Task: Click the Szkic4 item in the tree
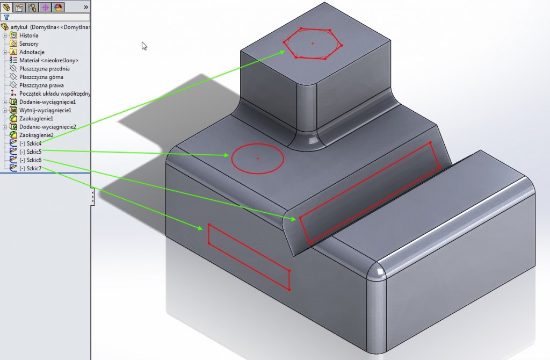(x=30, y=143)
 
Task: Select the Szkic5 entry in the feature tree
(x=30, y=152)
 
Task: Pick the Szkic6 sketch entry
(x=30, y=160)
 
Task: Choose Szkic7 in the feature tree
(x=30, y=168)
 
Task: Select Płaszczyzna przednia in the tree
(x=44, y=69)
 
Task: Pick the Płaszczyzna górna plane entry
(x=41, y=77)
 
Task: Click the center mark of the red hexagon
(x=313, y=44)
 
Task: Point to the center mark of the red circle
(x=258, y=159)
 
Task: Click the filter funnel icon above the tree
(x=6, y=17)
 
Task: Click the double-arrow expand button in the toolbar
(x=86, y=7)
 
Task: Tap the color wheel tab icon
(x=58, y=7)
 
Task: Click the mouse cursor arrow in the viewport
(x=144, y=46)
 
